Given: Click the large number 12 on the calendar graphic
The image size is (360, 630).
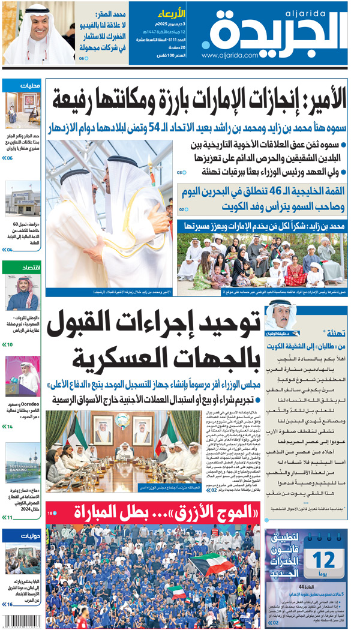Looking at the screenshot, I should [x=323, y=560].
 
